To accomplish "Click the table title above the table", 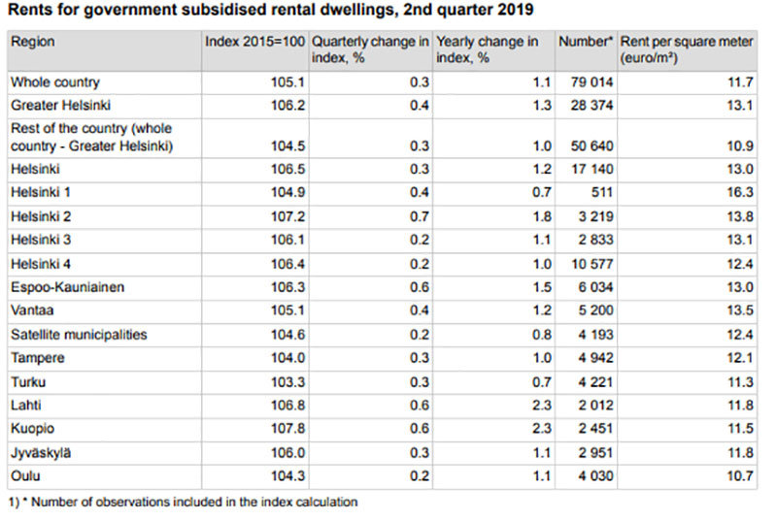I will coord(270,11).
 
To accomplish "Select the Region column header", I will coord(33,43).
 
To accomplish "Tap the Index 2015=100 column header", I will coord(255,43).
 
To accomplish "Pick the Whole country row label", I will coord(55,82).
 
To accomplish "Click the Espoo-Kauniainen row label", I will coord(67,287).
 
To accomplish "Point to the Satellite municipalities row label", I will coord(79,335).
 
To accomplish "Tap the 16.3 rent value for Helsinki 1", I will coord(740,193).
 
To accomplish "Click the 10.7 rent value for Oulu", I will coord(740,477).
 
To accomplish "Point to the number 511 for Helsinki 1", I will coord(602,193).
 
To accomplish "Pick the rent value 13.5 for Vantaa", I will coord(740,311).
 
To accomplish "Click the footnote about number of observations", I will coord(184,502).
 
